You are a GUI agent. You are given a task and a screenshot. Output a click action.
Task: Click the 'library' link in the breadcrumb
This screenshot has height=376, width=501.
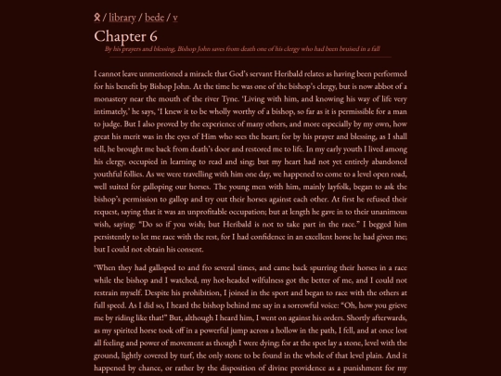[122, 17]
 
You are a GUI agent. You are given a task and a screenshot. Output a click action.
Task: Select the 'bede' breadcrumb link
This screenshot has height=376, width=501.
[156, 17]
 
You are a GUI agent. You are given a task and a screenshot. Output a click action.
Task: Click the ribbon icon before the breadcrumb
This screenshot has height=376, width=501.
[97, 17]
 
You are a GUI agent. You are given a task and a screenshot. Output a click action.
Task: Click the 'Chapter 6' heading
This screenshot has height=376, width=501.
[125, 35]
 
